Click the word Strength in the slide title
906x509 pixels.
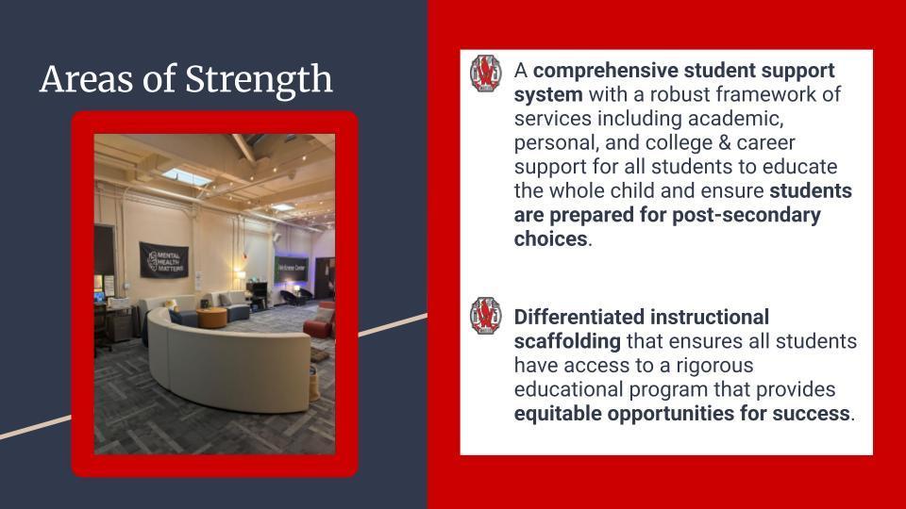259,79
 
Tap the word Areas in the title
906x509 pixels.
87,78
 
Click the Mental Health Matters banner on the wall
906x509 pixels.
164,260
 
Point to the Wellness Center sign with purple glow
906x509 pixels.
292,269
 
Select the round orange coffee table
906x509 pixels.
212,318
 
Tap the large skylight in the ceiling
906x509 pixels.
186,177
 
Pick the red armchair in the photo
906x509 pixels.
321,323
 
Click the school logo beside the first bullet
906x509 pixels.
486,74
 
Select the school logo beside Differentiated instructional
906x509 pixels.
486,316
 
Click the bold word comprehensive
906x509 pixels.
606,71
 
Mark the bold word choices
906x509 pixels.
550,238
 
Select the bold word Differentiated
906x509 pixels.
579,317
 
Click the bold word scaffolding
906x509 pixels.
567,341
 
